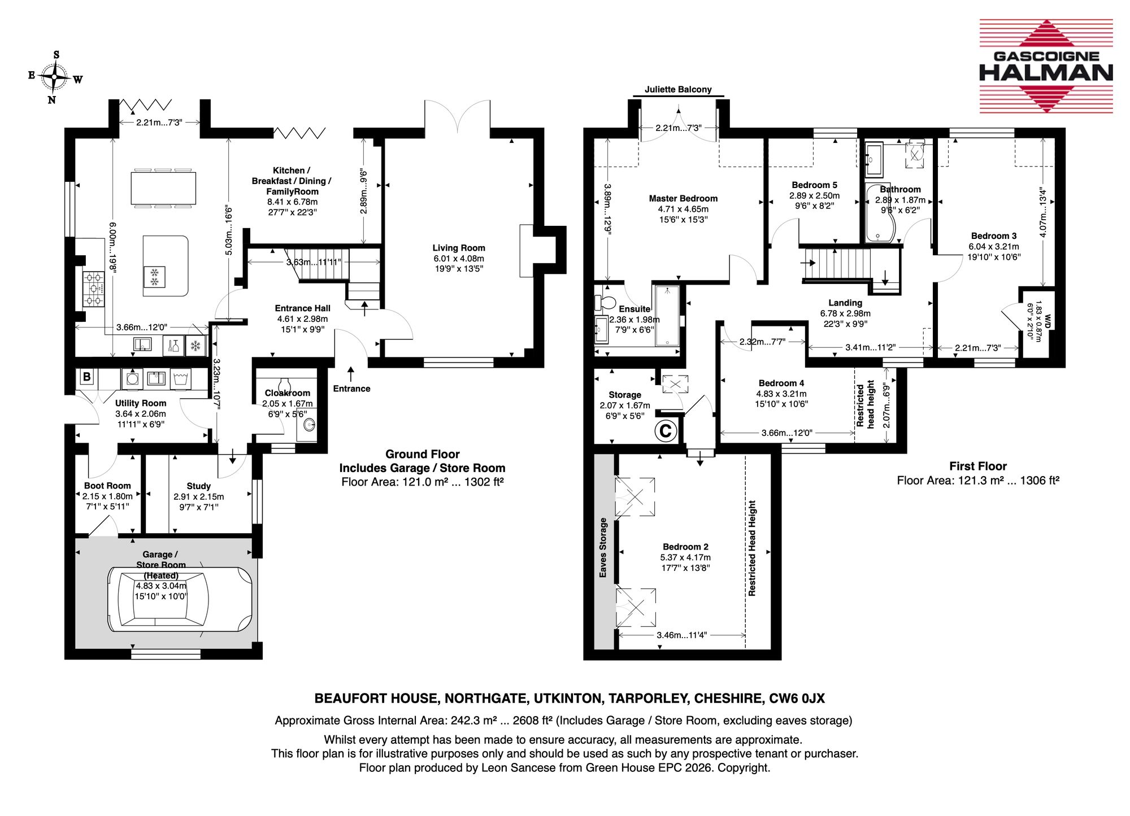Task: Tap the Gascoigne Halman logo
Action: coord(1046,66)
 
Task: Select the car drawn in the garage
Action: coord(180,599)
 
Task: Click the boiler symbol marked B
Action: coord(86,377)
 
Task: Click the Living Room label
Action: coord(459,248)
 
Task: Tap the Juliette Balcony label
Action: coord(678,89)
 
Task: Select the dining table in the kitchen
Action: coord(163,188)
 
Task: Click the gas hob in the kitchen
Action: coord(94,289)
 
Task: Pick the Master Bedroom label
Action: coord(683,198)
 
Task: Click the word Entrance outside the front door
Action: coord(351,389)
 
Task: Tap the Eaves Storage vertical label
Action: coord(603,547)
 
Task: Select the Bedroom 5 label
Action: coord(814,185)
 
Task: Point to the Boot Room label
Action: coord(107,486)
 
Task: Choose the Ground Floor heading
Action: coord(423,454)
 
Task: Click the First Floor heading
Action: coord(978,466)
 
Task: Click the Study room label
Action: coord(199,486)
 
